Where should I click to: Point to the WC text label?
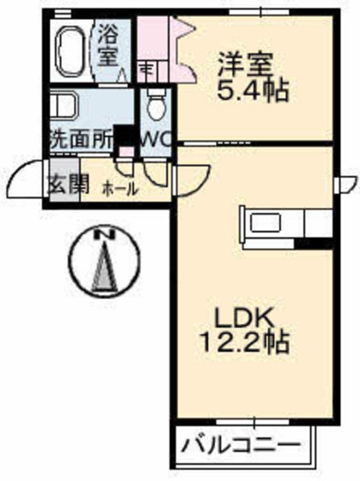[155, 137]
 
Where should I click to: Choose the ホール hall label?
[119, 187]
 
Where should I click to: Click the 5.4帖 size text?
[252, 88]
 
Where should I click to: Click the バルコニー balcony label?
[241, 448]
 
